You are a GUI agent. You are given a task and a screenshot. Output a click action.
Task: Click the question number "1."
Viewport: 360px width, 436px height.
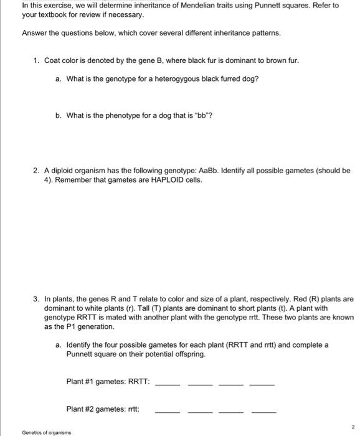point(37,60)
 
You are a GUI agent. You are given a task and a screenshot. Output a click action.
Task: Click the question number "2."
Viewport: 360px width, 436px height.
point(37,170)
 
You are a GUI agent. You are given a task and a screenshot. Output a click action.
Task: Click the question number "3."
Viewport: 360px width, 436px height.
point(37,299)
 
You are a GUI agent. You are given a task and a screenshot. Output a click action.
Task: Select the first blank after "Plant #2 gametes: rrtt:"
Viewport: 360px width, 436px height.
point(167,410)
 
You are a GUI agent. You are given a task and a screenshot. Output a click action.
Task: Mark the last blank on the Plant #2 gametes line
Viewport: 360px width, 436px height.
point(263,410)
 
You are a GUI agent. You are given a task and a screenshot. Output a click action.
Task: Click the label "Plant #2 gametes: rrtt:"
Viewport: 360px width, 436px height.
point(103,409)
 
